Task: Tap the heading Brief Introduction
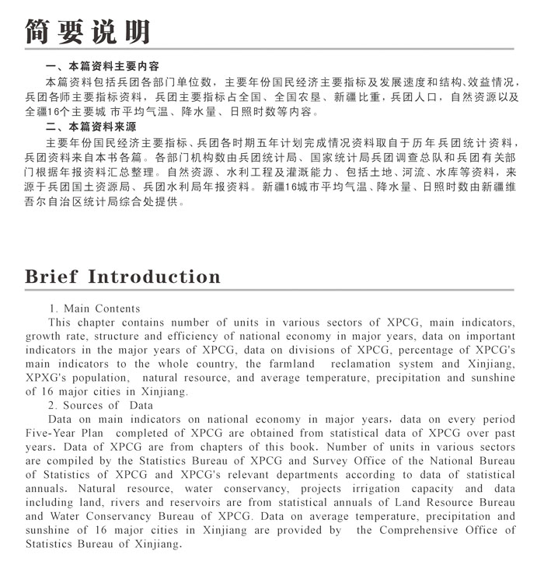click(123, 277)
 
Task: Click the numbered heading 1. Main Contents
click(94, 309)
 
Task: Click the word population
click(103, 378)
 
